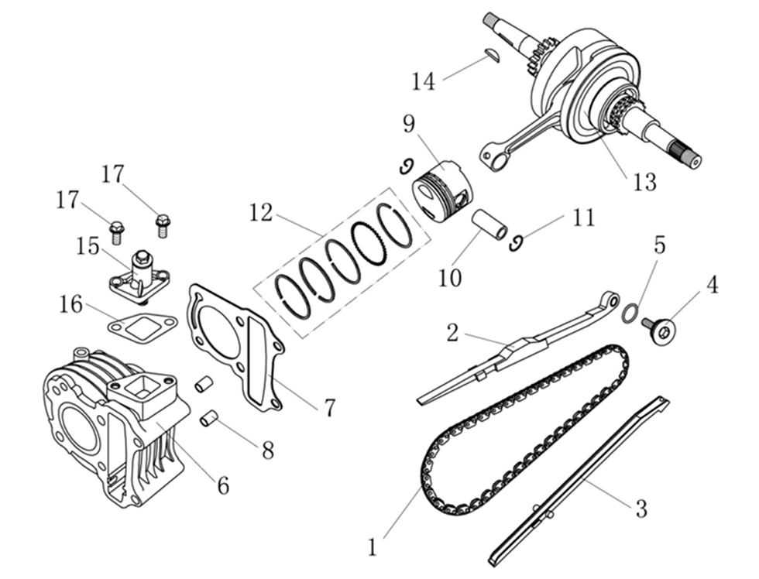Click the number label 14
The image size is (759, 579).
[424, 81]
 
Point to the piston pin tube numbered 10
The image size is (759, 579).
[490, 224]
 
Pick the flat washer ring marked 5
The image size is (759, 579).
[631, 313]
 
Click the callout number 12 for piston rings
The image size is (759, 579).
[261, 212]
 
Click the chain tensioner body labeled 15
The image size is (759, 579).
[143, 271]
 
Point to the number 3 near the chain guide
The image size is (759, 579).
[641, 509]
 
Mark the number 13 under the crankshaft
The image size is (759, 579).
[644, 182]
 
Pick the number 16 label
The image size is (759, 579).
[71, 304]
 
